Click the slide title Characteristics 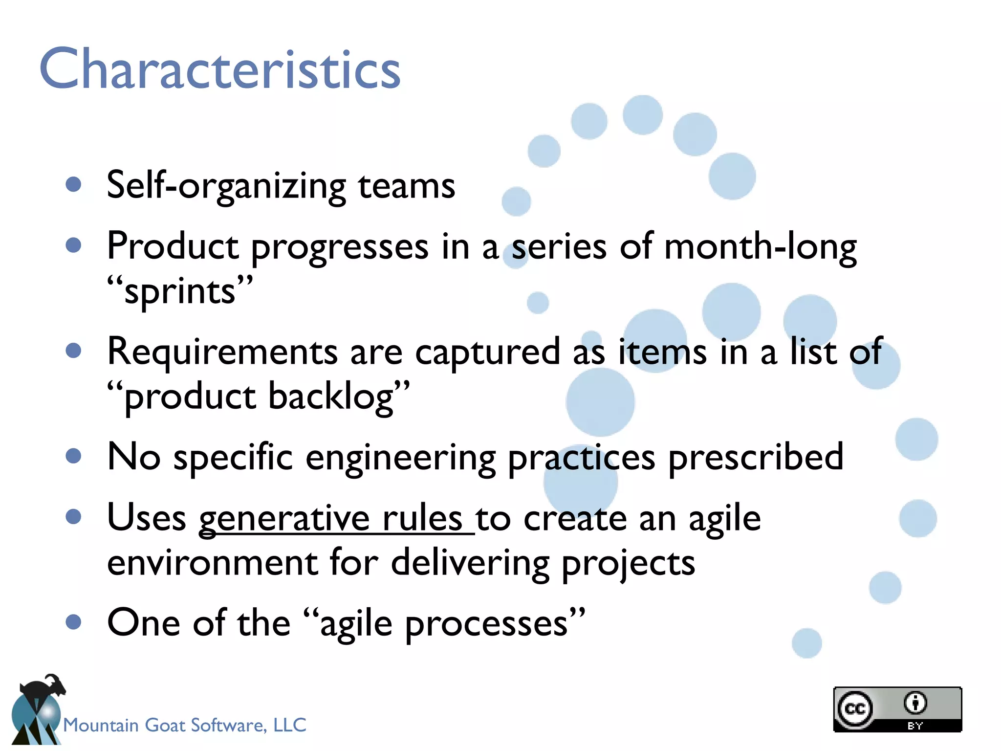[x=220, y=69]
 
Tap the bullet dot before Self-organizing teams [x=73, y=184]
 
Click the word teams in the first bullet [x=406, y=186]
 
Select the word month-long [x=760, y=247]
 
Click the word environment [x=212, y=563]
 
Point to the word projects [x=628, y=563]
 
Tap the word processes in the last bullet [x=486, y=624]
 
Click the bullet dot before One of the [x=73, y=622]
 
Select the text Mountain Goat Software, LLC [x=185, y=725]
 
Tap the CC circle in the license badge [x=855, y=708]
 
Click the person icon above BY [x=915, y=703]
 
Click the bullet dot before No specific [x=73, y=456]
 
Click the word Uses [x=147, y=518]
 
